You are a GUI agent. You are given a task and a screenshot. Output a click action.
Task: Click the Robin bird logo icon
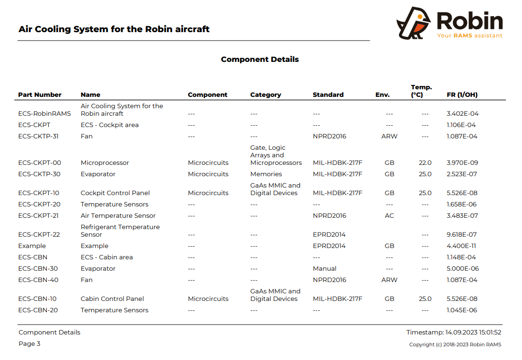point(413,23)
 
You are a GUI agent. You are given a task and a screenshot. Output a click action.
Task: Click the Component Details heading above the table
point(260,60)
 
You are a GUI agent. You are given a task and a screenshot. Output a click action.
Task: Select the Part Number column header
point(40,95)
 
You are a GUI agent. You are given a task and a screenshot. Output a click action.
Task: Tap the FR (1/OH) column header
point(462,95)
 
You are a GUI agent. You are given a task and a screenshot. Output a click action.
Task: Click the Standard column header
point(328,95)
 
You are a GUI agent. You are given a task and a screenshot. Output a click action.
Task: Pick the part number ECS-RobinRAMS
point(44,114)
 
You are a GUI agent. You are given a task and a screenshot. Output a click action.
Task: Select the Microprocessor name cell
point(104,163)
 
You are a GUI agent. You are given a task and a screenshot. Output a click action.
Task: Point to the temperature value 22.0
point(425,163)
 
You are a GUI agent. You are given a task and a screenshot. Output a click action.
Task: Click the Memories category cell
point(266,174)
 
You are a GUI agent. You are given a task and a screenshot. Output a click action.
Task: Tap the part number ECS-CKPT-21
point(39,216)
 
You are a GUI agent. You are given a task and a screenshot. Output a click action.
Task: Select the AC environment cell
point(389,216)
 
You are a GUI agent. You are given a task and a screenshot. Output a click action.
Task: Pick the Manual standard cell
point(324,269)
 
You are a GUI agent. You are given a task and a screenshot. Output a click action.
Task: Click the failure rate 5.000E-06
point(462,269)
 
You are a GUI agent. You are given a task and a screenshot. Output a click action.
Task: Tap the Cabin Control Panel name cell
point(112,299)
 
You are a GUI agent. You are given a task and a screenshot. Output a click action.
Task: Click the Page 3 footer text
point(29,344)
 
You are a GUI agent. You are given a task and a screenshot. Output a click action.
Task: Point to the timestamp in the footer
point(453,333)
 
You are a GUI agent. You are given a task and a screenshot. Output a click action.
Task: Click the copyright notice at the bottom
point(455,345)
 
